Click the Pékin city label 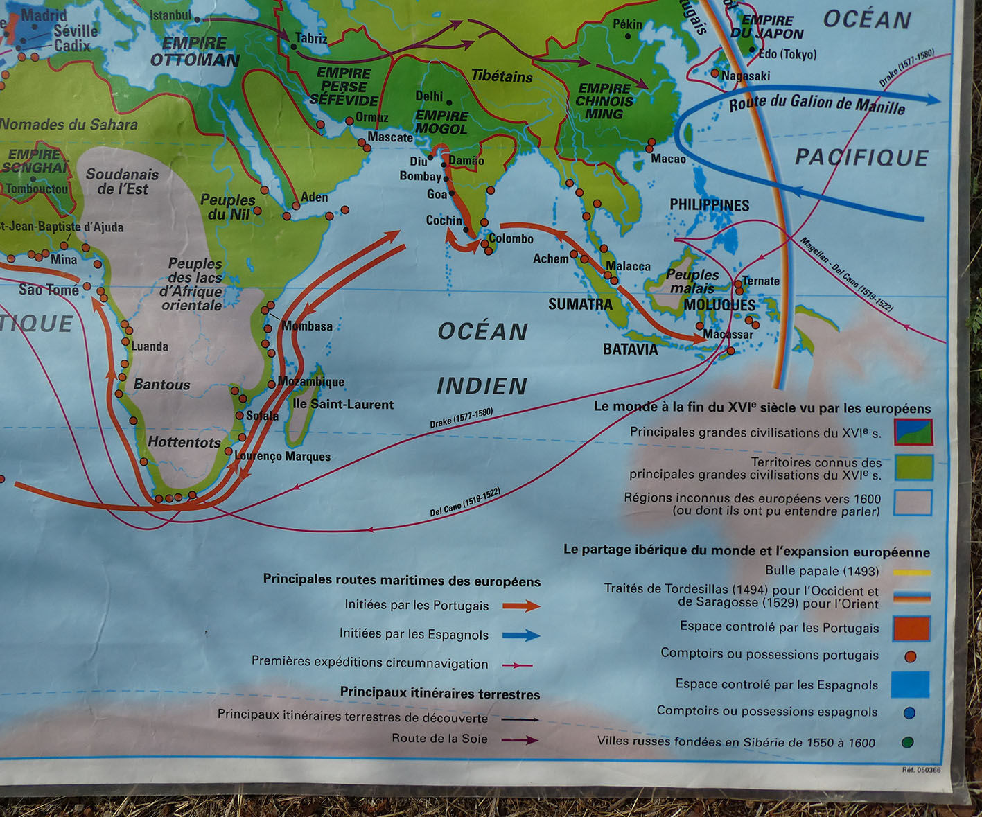point(627,24)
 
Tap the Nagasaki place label point(746,76)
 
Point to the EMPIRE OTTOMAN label point(195,52)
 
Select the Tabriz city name point(311,39)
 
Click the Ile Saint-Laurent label point(343,404)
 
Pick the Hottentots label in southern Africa point(184,442)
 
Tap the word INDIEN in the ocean point(482,386)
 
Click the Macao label point(668,159)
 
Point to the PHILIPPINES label point(709,205)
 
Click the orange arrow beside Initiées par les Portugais point(520,606)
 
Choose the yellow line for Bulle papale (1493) point(911,573)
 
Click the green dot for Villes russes point(907,742)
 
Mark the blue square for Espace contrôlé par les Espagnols point(909,685)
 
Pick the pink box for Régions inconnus point(912,503)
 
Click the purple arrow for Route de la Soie point(520,739)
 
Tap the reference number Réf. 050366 point(921,770)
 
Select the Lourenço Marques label point(282,456)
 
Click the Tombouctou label point(37,188)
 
